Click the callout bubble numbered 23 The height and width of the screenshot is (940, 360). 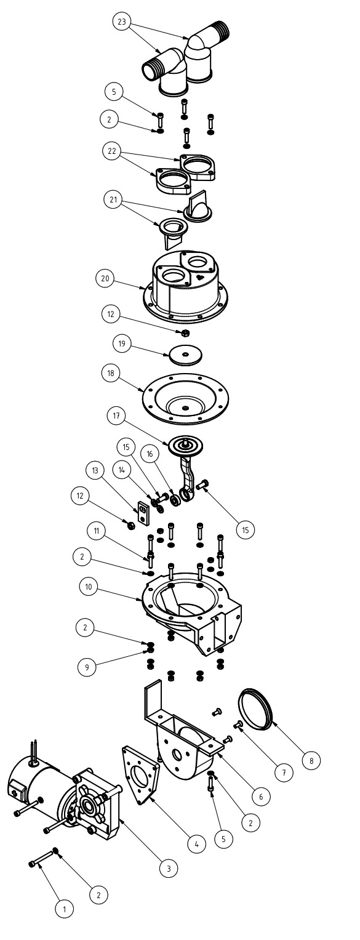pyautogui.click(x=122, y=22)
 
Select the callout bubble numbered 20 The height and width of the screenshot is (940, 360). pyautogui.click(x=105, y=279)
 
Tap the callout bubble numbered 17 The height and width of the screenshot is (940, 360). pyautogui.click(x=116, y=416)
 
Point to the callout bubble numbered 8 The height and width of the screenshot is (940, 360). pyautogui.click(x=311, y=760)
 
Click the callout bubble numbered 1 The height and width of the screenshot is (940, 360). pyautogui.click(x=64, y=909)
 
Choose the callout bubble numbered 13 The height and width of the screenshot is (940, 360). pyautogui.click(x=95, y=470)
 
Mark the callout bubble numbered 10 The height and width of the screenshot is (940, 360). pyautogui.click(x=88, y=587)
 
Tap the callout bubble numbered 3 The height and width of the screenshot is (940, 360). pyautogui.click(x=169, y=868)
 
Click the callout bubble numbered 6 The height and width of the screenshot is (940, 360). pyautogui.click(x=261, y=795)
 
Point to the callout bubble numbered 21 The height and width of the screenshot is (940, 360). pyautogui.click(x=113, y=199)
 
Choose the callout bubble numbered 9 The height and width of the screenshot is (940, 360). pyautogui.click(x=87, y=667)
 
